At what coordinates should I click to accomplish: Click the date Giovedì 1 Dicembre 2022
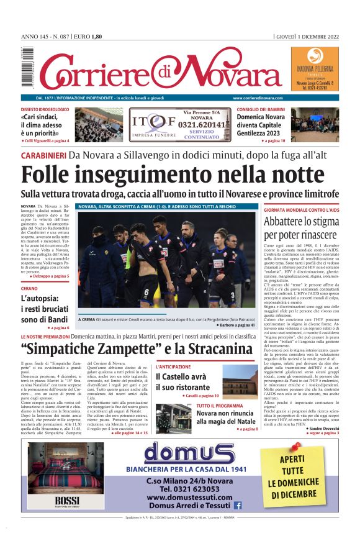(x=308, y=36)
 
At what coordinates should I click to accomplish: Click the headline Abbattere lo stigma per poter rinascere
(x=301, y=228)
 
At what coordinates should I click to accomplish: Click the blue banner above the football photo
(x=166, y=206)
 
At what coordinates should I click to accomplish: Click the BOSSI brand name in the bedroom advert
(x=67, y=500)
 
